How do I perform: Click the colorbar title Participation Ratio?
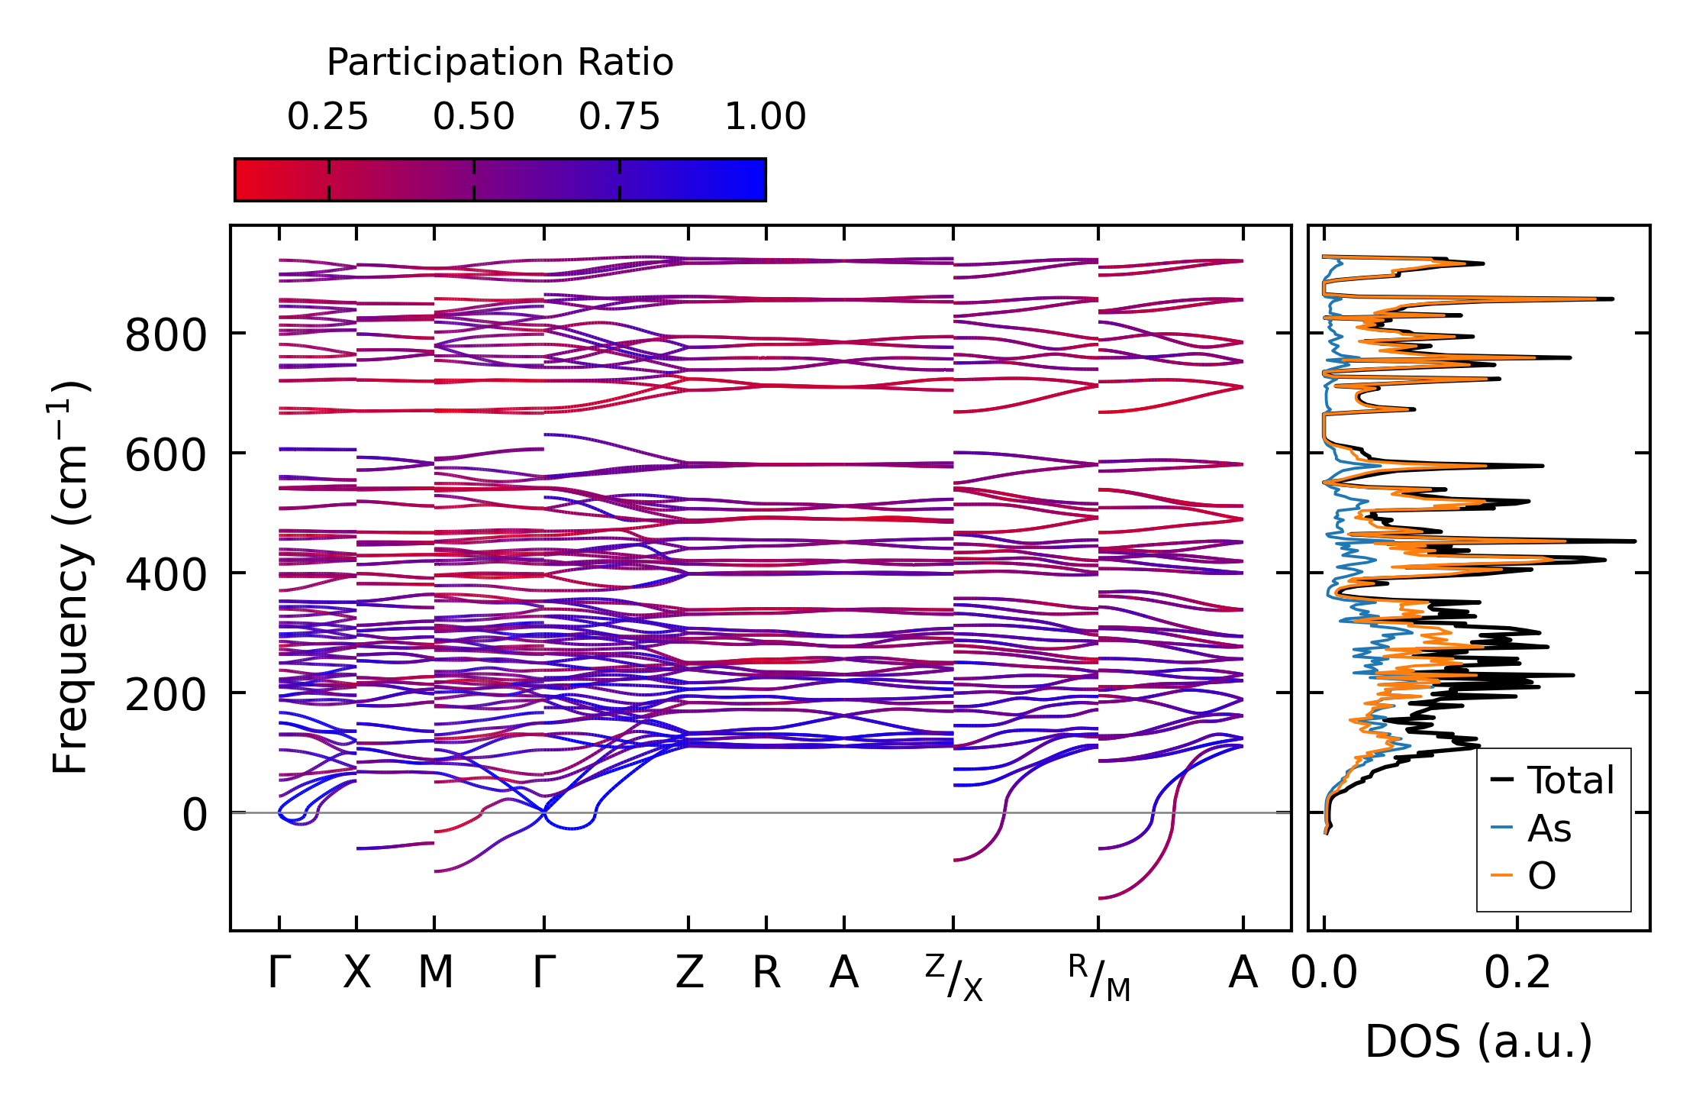click(x=500, y=63)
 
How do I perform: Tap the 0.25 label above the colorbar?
click(x=327, y=117)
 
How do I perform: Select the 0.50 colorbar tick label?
click(x=473, y=117)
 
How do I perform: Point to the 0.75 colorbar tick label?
click(x=619, y=117)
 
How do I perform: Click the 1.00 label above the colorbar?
click(x=765, y=117)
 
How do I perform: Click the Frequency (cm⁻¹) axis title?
click(x=71, y=577)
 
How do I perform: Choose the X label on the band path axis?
click(x=356, y=973)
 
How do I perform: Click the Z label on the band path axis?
click(x=688, y=973)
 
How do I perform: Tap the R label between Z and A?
click(x=766, y=973)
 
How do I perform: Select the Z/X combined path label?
click(x=954, y=977)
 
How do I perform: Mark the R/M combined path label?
click(x=1099, y=977)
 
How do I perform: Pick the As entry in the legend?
click(x=1549, y=828)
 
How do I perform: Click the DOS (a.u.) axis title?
click(x=1478, y=1042)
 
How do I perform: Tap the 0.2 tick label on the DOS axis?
click(x=1517, y=974)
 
